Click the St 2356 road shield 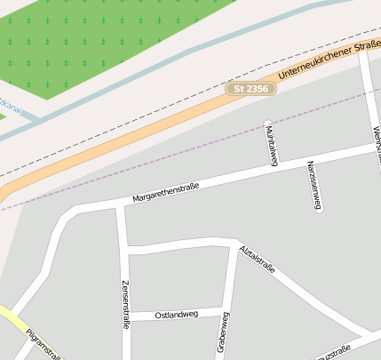[248, 89]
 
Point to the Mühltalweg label [272, 145]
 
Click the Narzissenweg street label [313, 185]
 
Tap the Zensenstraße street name [124, 304]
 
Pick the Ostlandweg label [176, 315]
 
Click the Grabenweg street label [223, 333]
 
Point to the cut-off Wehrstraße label [376, 142]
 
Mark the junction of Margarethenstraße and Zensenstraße [119, 206]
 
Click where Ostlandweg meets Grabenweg [226, 309]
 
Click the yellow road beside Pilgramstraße [12, 320]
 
